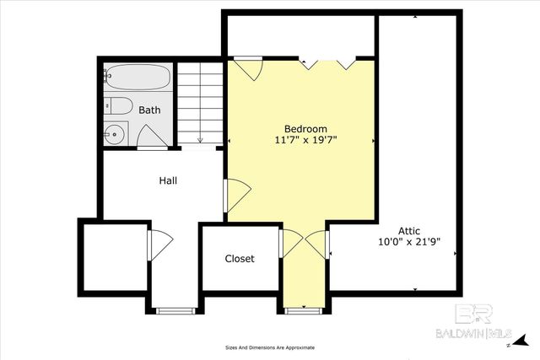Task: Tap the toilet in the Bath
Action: click(118, 106)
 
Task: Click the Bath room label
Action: click(149, 110)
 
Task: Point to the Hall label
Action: click(168, 180)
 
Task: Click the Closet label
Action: click(239, 259)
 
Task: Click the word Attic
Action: click(409, 230)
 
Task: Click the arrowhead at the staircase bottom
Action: click(201, 139)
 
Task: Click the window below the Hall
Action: click(175, 311)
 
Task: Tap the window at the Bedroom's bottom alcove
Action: click(303, 311)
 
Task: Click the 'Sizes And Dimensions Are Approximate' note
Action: click(269, 347)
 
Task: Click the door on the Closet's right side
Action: click(292, 244)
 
